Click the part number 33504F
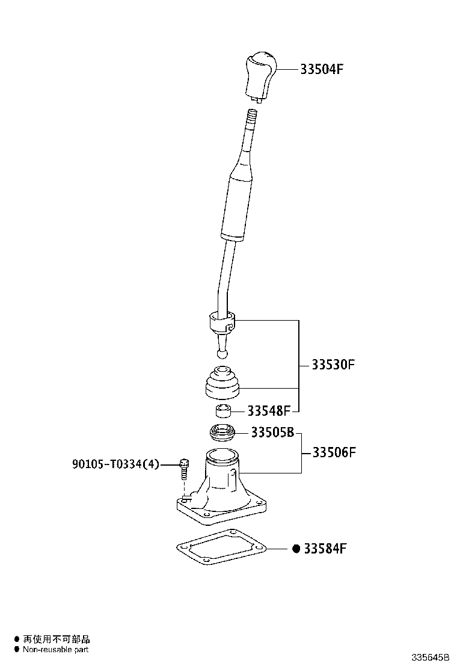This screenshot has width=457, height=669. coord(322,69)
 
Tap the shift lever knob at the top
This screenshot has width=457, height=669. coord(260,77)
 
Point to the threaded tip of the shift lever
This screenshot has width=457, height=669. coord(252,117)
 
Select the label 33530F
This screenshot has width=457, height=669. coord(333,365)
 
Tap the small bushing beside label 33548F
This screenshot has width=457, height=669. coord(223,412)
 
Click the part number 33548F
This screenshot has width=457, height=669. coord(269,411)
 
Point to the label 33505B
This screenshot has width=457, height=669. coord(272,433)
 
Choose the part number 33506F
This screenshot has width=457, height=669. coord(334,452)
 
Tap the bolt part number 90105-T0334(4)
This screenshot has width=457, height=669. coord(115,464)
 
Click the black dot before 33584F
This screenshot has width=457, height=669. coord(296,549)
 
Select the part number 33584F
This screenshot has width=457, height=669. coord(325,549)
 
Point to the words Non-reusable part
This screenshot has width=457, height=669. coord(55,650)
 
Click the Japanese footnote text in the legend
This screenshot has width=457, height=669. coord(57,639)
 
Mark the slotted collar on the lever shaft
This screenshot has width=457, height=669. coord(222,325)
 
